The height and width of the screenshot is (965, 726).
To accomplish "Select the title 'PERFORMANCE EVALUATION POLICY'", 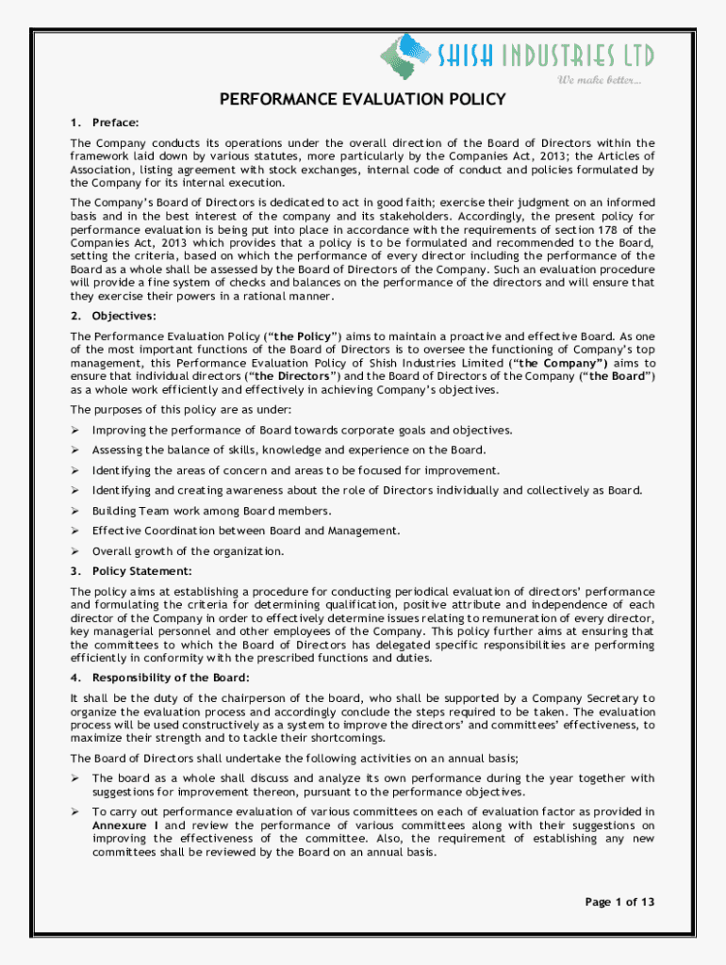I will coord(363,100).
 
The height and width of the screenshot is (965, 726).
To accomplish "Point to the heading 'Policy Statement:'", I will coord(141,571).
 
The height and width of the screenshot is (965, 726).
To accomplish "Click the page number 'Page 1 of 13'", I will coord(619,902).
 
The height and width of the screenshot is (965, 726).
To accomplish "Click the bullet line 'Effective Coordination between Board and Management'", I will coord(245,531).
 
